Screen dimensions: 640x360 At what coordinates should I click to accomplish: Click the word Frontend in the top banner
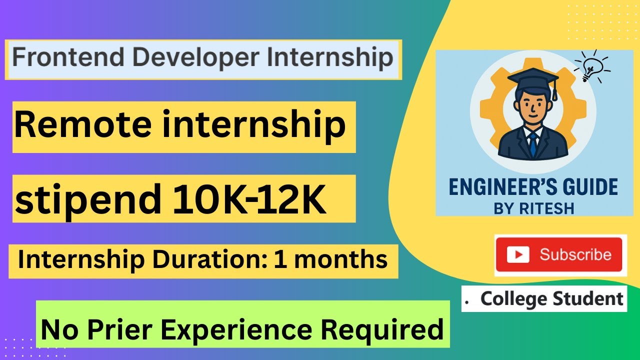coord(68,57)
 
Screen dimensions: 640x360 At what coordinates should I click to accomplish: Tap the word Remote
coord(82,124)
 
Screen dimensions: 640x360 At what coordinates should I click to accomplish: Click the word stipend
coord(88,199)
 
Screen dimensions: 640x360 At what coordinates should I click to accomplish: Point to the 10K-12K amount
coord(249,199)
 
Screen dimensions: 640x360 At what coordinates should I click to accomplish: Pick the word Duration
coord(210,259)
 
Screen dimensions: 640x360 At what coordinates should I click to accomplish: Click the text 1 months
coord(330,259)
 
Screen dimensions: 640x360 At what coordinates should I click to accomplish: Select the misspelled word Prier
coord(119,329)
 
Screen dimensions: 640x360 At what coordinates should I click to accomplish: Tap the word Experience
coord(236,331)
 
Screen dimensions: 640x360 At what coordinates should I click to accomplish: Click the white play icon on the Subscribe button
coord(518,254)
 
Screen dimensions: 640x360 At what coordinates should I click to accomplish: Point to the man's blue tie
coord(533,144)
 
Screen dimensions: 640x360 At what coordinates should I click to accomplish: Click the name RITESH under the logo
coord(546,208)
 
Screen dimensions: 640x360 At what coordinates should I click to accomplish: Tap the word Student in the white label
coord(588,298)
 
